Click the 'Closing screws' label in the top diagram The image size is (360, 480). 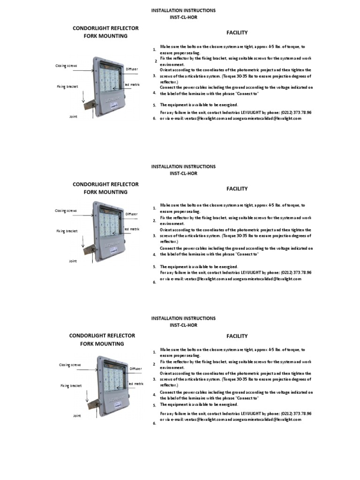[x=66, y=66]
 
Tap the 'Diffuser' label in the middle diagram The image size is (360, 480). [x=132, y=214]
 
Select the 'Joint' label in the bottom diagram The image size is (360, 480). [x=77, y=416]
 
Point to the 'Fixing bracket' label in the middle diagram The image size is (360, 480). [x=67, y=231]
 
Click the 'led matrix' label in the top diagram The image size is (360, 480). [x=132, y=84]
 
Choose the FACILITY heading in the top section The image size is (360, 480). [x=237, y=32]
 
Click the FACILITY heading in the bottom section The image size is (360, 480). [x=237, y=336]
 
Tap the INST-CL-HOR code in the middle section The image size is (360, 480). [x=183, y=173]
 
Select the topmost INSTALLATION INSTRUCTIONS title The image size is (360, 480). [x=183, y=10]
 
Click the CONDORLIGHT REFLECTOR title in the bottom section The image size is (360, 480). [x=102, y=336]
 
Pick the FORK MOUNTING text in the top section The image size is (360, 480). [x=105, y=36]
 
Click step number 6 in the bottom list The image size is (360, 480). [x=154, y=423]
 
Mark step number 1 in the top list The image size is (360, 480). [x=154, y=50]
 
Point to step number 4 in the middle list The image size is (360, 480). [x=154, y=255]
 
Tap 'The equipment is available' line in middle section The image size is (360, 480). [x=199, y=267]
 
